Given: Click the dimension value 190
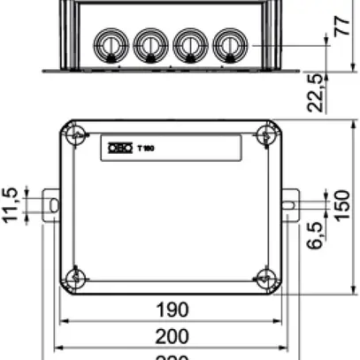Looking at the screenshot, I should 172,310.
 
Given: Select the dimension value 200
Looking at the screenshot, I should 172,336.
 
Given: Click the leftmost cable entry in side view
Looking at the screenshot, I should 109,42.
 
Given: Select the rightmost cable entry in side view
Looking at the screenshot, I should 228,42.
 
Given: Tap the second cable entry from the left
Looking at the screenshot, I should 149,42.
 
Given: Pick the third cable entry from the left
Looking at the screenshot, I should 188,42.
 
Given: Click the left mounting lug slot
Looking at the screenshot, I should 52,205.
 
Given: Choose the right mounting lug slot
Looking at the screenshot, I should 288,205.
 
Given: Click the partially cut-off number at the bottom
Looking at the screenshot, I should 172,356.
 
